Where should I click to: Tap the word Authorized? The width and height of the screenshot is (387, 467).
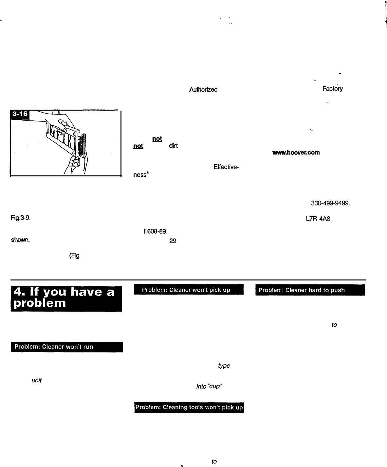[203, 89]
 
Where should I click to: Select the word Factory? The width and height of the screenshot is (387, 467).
[332, 89]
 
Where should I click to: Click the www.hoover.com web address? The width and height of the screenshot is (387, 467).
[296, 153]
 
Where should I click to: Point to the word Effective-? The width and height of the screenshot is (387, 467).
[226, 167]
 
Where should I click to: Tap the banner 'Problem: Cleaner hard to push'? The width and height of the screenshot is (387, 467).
[310, 290]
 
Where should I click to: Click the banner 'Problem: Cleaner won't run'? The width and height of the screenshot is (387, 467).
[66, 347]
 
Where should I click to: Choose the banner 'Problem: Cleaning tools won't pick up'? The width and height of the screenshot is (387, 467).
[189, 407]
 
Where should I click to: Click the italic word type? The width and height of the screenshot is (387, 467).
[224, 366]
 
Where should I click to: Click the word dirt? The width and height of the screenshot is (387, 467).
[173, 146]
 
